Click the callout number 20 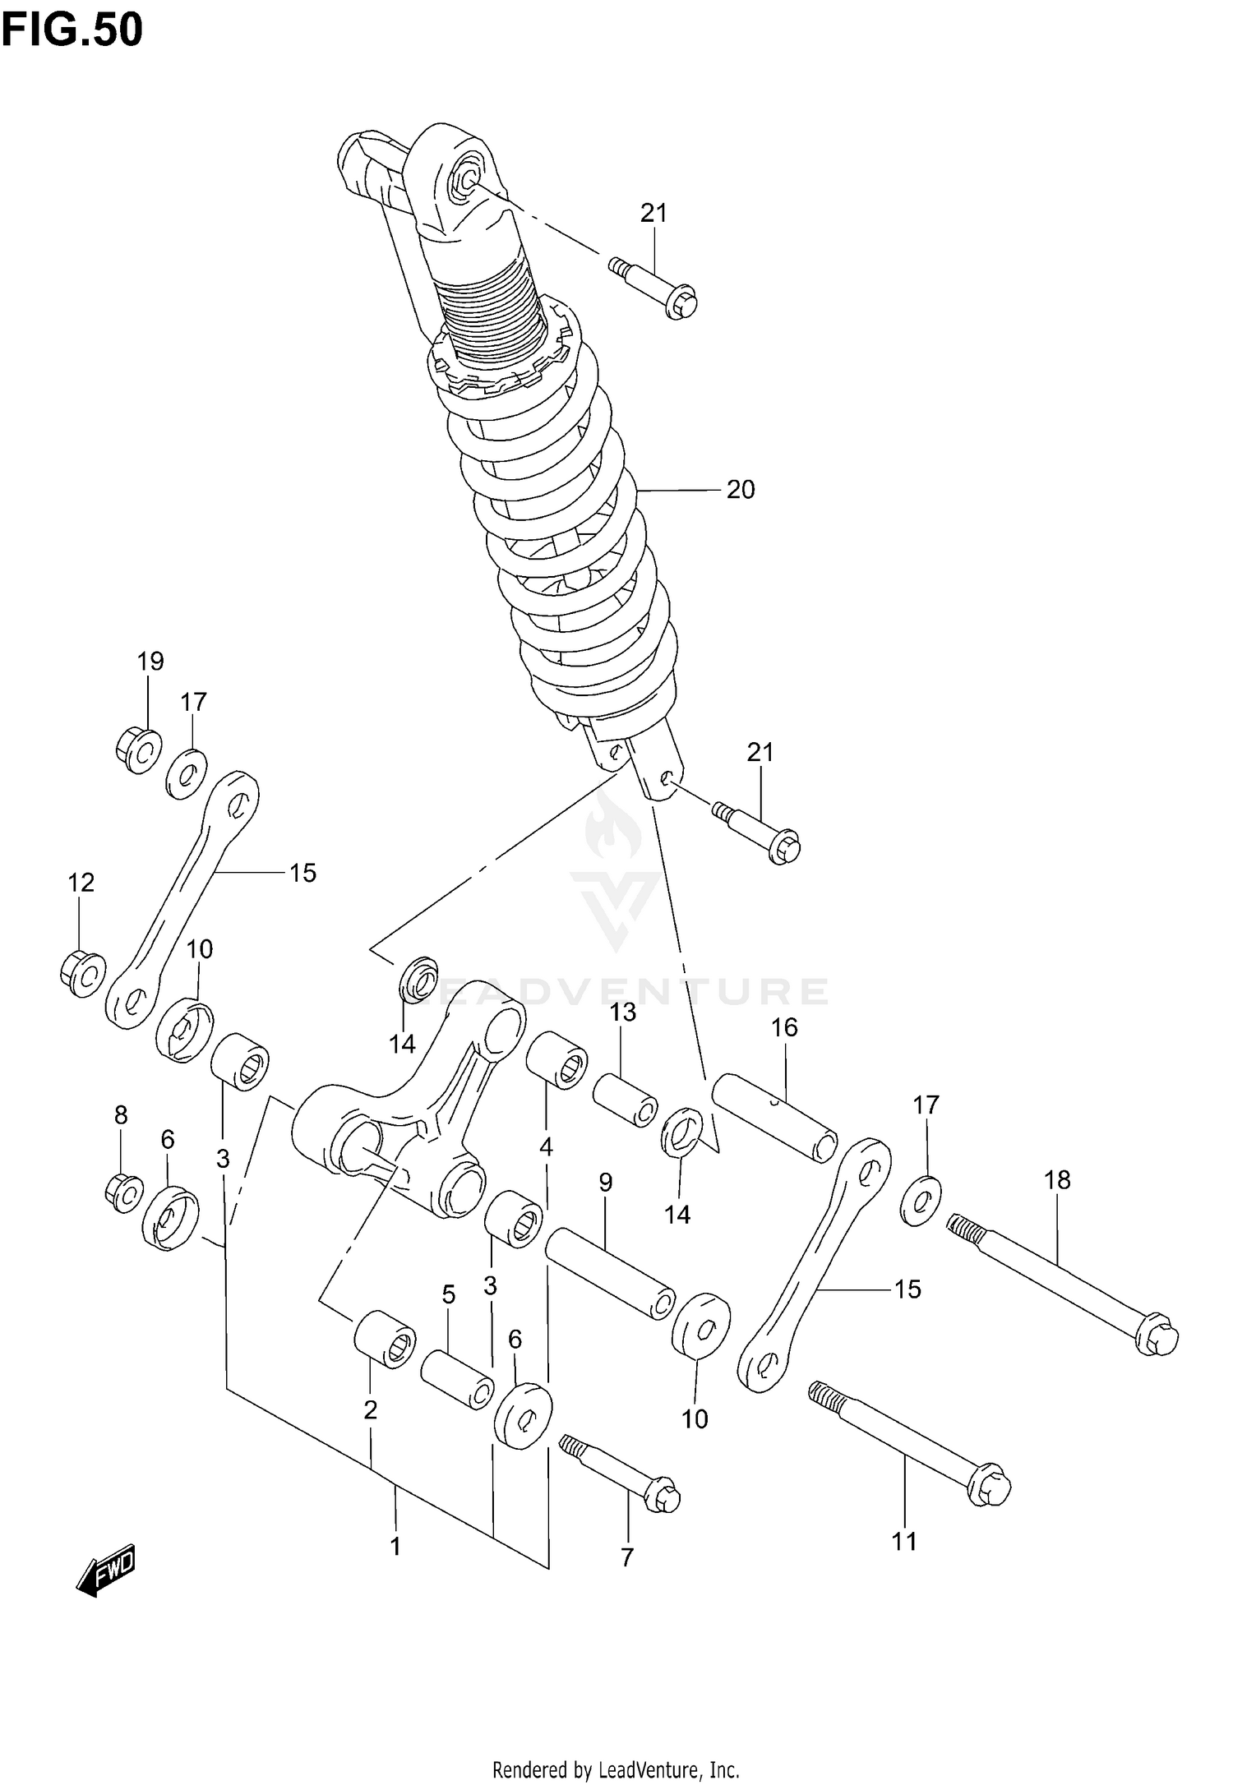pyautogui.click(x=740, y=490)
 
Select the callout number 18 pyautogui.click(x=1057, y=1180)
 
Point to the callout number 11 pyautogui.click(x=904, y=1542)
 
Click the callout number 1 pyautogui.click(x=395, y=1547)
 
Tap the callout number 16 pyautogui.click(x=784, y=1027)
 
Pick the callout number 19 pyautogui.click(x=150, y=661)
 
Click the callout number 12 pyautogui.click(x=81, y=883)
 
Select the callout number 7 pyautogui.click(x=627, y=1557)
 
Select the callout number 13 pyautogui.click(x=623, y=1012)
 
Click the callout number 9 pyautogui.click(x=605, y=1183)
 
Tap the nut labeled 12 pyautogui.click(x=82, y=973)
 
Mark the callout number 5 pyautogui.click(x=448, y=1295)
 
